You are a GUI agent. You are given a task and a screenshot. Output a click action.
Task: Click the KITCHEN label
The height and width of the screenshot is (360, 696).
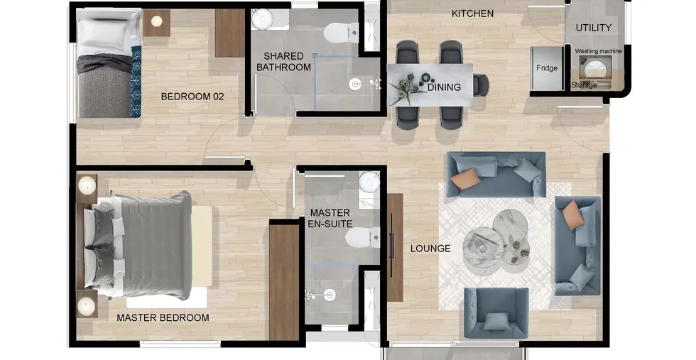click(472, 13)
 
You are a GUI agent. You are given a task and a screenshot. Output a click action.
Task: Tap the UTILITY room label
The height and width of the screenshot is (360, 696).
click(594, 28)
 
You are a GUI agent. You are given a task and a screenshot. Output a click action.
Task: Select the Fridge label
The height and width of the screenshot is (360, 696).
click(546, 68)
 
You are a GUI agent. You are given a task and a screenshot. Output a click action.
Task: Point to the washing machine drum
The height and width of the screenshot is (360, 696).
click(592, 70)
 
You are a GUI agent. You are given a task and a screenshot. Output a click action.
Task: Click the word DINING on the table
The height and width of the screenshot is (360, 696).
click(444, 87)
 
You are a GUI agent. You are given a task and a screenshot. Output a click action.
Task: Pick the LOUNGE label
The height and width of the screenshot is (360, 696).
click(430, 249)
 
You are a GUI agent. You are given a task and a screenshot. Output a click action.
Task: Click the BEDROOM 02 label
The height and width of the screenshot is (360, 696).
click(192, 97)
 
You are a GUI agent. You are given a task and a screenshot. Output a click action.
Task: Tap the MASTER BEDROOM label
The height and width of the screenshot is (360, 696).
click(163, 318)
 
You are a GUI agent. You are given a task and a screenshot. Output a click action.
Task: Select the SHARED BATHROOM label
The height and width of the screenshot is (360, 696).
click(283, 62)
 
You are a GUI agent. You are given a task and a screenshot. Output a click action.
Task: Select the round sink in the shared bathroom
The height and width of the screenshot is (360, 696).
click(262, 18)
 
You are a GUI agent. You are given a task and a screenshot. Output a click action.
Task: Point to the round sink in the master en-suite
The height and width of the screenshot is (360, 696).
click(369, 182)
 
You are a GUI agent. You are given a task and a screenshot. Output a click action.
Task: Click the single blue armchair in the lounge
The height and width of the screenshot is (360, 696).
click(496, 313)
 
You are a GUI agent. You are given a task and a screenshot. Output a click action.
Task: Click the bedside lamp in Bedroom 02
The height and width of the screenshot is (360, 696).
click(156, 21)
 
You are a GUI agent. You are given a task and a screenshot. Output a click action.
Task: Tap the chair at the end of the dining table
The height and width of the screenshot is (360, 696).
click(482, 84)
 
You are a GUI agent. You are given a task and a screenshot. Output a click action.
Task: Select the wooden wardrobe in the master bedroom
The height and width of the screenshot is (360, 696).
click(285, 283)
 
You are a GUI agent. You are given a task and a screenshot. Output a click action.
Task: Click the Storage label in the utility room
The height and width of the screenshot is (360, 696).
click(584, 85)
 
